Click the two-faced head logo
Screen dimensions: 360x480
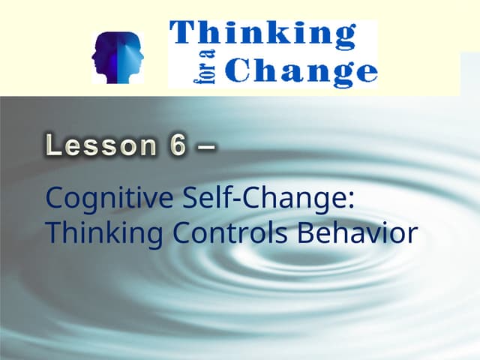pyautogui.click(x=115, y=57)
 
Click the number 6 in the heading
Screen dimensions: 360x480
pyautogui.click(x=177, y=145)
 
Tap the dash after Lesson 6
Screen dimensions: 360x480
pyautogui.click(x=205, y=146)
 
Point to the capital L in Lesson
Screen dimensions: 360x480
pyautogui.click(x=55, y=145)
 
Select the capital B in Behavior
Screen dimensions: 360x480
pyautogui.click(x=307, y=233)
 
